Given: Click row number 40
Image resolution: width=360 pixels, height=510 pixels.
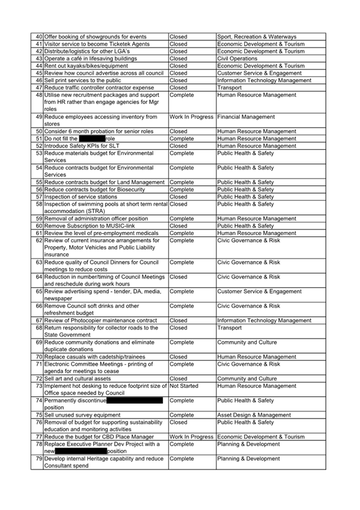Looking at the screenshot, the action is [x=39, y=37].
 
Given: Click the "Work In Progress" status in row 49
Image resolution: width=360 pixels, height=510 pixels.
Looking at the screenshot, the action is [x=191, y=117].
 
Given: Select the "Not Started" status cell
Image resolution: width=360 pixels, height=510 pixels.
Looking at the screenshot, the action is [x=184, y=386].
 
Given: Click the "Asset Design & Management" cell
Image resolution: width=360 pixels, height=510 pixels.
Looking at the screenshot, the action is [x=254, y=414].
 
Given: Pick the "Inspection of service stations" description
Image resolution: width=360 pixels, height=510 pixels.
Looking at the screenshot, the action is [x=82, y=197].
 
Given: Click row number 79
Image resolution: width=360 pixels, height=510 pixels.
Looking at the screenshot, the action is [x=39, y=458].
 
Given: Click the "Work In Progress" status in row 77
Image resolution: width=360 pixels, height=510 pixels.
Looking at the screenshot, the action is [x=191, y=437].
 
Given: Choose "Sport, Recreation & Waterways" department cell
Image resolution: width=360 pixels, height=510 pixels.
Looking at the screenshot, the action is [x=257, y=37].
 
